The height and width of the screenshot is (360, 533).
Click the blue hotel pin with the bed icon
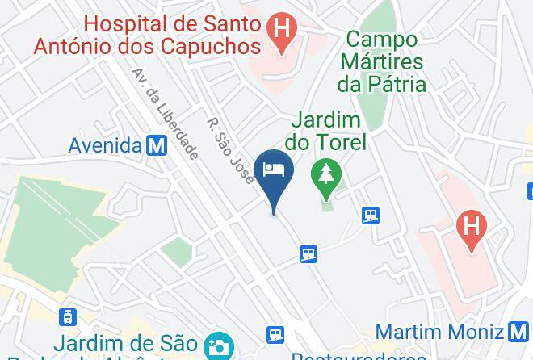(274, 170)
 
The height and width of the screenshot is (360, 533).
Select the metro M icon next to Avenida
(157, 145)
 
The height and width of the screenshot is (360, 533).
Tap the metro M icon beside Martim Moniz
(520, 331)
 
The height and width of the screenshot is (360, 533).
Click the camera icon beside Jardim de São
(216, 346)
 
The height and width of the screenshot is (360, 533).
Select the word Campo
(383, 38)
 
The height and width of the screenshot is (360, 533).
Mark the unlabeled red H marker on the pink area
(468, 224)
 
